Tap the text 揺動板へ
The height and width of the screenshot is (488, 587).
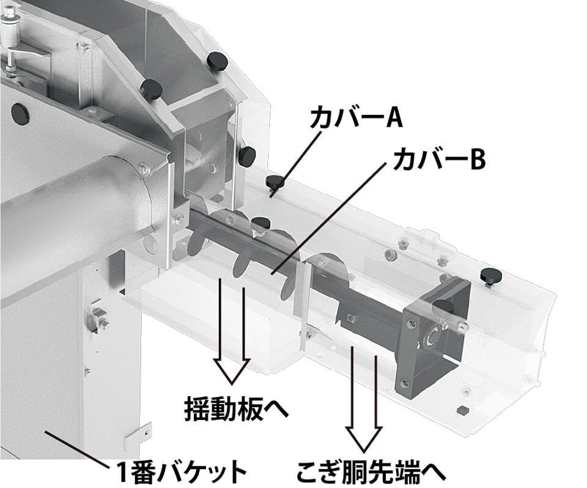(x=237, y=409)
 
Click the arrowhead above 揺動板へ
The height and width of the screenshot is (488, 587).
(x=232, y=371)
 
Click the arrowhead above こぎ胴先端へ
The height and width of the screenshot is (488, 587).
(x=363, y=439)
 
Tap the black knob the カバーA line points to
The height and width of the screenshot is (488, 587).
(x=275, y=182)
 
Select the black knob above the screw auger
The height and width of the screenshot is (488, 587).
(x=261, y=224)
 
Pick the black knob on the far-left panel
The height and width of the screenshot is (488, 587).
(x=20, y=114)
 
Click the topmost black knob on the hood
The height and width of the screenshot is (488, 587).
(x=218, y=60)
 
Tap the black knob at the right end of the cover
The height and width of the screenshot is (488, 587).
(x=491, y=276)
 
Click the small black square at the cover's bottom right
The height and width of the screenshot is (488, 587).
(x=462, y=410)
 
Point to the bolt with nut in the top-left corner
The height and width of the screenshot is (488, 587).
(x=9, y=15)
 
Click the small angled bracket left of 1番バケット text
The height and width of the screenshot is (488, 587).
(x=138, y=437)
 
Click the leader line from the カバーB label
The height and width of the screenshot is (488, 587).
(x=329, y=219)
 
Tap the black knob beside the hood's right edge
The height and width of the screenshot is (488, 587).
(x=248, y=155)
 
